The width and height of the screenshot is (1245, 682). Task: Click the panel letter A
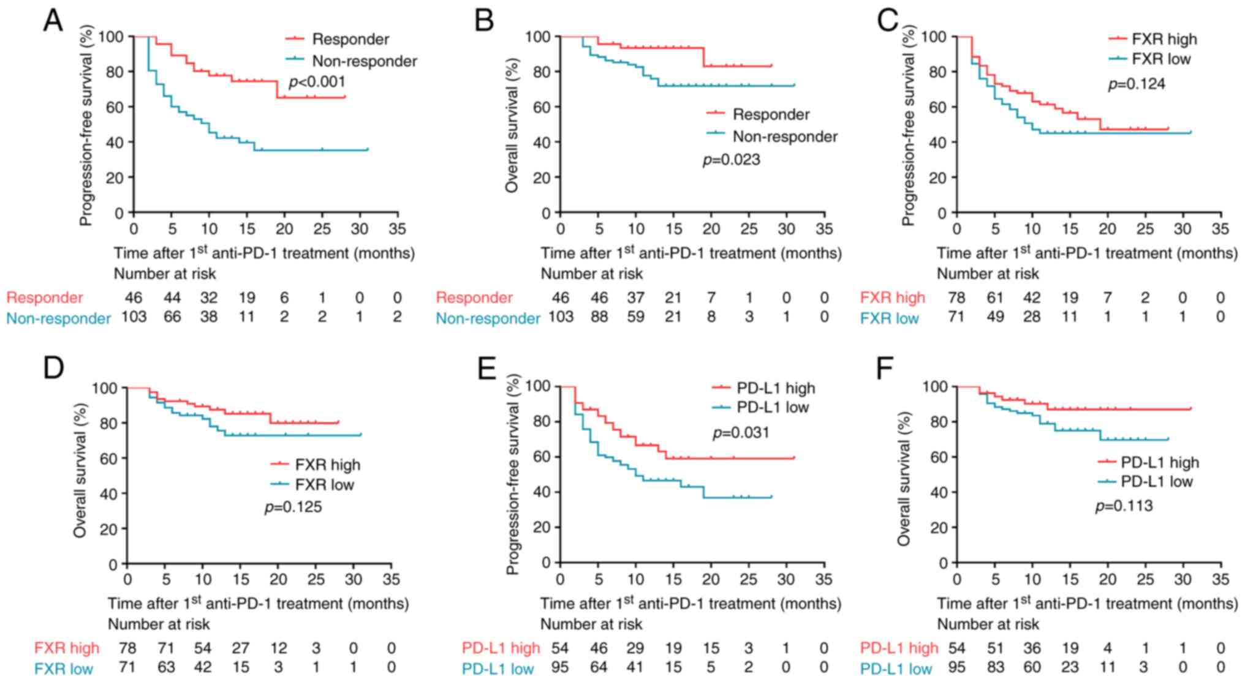point(53,21)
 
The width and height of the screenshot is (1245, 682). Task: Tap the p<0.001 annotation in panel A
point(317,82)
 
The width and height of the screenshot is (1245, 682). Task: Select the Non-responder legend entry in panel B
point(785,137)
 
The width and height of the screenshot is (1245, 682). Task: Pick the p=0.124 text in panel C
point(1137,84)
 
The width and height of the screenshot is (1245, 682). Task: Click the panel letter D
point(53,369)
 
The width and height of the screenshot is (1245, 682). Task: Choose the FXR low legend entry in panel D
point(324,485)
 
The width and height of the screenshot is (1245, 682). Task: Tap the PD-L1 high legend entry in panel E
point(775,388)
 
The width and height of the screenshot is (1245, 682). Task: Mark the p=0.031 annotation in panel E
point(741,433)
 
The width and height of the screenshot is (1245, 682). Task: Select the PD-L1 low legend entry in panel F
point(1156,482)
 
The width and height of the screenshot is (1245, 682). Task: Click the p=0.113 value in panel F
point(1124,506)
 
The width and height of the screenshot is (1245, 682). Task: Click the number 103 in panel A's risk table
point(134,317)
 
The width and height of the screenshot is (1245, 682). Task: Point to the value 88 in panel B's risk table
point(599,317)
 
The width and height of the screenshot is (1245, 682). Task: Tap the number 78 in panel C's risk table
point(956,298)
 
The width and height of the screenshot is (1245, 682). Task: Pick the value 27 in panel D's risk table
point(241,648)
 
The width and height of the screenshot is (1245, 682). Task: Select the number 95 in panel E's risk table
point(560,668)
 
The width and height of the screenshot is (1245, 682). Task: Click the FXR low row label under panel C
point(889,318)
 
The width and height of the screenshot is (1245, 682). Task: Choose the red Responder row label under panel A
point(45,298)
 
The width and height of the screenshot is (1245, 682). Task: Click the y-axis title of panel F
point(904,479)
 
